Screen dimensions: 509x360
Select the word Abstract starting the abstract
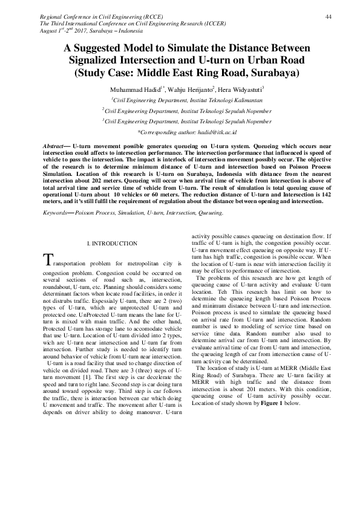(56, 147)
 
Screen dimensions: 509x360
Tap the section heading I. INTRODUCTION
(113, 244)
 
